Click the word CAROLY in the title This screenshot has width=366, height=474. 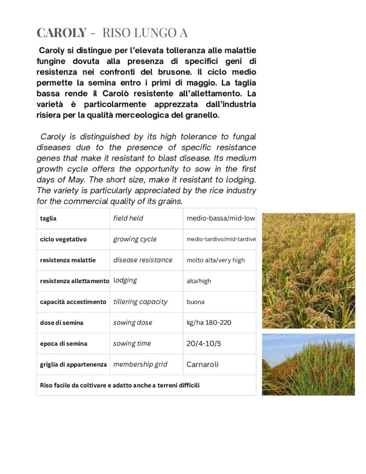[62, 33]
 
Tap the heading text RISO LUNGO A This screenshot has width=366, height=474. [144, 33]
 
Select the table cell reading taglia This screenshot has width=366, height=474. [48, 218]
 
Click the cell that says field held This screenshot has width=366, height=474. [128, 218]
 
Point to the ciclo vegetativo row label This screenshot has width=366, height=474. [63, 239]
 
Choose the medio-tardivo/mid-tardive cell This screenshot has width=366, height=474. [221, 239]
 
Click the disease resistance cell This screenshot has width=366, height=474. [143, 260]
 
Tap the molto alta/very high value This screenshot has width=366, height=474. [216, 260]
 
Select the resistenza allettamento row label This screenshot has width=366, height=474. [74, 281]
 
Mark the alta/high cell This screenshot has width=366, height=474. [199, 281]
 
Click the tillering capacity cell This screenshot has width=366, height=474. [140, 302]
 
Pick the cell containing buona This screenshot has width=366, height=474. [196, 302]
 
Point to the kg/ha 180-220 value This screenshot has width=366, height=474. [209, 323]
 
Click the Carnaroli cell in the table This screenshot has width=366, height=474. [203, 364]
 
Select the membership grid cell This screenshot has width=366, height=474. [140, 364]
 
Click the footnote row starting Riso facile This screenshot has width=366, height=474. [120, 385]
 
